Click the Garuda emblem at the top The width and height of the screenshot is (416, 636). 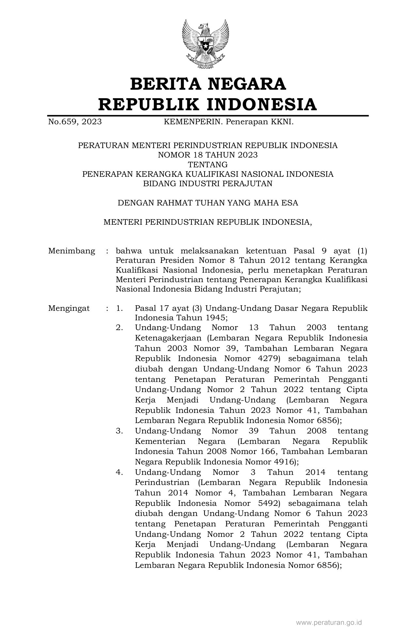206,44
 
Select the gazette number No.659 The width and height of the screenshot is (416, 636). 63,122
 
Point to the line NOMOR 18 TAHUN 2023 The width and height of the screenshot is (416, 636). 208,155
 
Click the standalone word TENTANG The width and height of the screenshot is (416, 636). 208,164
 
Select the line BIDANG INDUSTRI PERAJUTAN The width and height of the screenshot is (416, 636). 208,184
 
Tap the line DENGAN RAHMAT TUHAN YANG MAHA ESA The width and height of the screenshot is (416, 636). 208,203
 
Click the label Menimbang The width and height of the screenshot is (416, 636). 71,251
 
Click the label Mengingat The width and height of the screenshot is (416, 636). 69,308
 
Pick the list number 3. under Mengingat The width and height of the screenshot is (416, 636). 119,431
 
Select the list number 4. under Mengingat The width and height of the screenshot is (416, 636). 119,472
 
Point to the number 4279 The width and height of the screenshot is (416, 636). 269,358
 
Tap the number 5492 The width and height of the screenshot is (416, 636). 269,503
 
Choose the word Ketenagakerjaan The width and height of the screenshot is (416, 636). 168,338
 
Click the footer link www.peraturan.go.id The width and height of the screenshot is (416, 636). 329,623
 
